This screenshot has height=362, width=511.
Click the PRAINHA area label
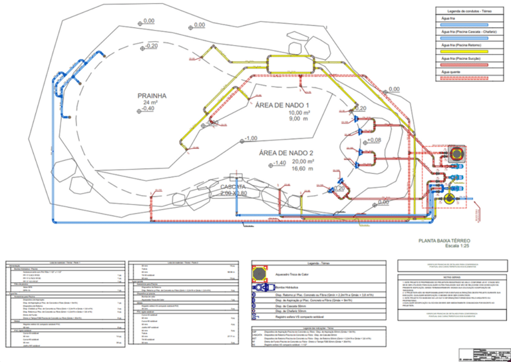point(152,95)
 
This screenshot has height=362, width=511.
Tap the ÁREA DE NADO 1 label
point(283,106)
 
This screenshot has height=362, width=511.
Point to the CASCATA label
point(234,187)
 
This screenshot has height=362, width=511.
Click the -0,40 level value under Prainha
point(148,108)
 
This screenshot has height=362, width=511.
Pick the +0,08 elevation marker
point(374,140)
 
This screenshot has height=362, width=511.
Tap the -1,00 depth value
point(250,138)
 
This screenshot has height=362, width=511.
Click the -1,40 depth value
point(279,163)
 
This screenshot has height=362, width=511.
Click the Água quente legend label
point(449,71)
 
